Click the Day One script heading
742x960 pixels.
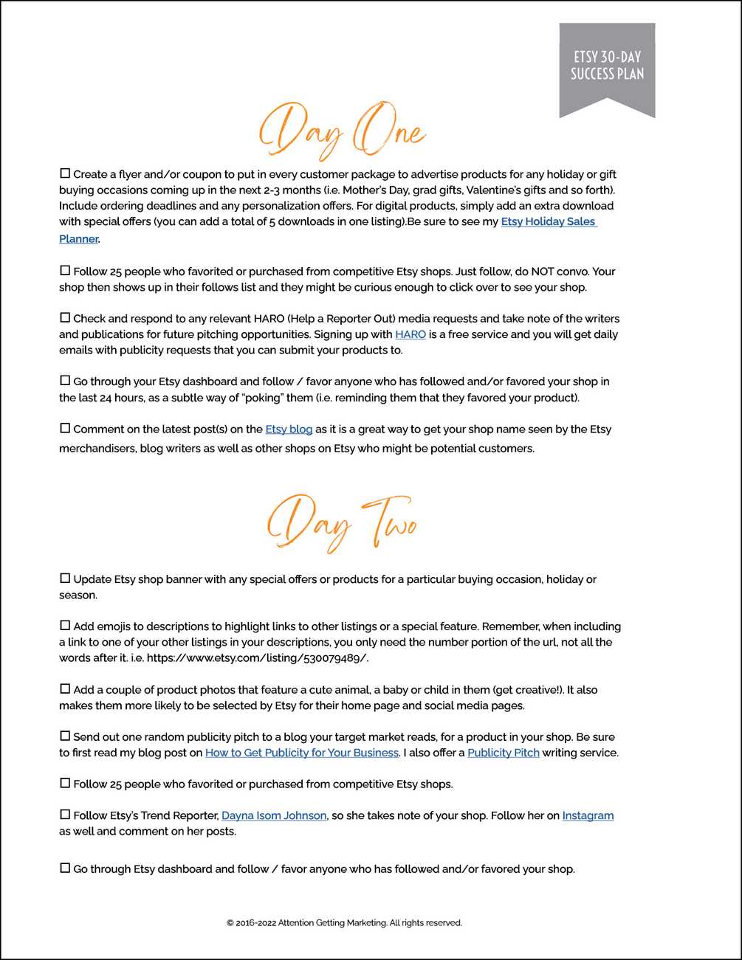pyautogui.click(x=342, y=131)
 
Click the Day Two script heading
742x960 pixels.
pyautogui.click(x=342, y=523)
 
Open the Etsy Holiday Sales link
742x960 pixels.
pyautogui.click(x=548, y=221)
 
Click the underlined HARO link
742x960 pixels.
pyautogui.click(x=410, y=334)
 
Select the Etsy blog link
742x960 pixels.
pyautogui.click(x=289, y=429)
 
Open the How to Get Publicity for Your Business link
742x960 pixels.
pyautogui.click(x=302, y=753)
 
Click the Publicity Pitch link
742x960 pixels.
pyautogui.click(x=504, y=753)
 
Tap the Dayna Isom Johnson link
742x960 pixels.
pyautogui.click(x=274, y=815)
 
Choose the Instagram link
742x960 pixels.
pyautogui.click(x=588, y=815)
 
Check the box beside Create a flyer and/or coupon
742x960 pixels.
pyautogui.click(x=65, y=173)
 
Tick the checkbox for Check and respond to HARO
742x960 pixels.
pyautogui.click(x=65, y=318)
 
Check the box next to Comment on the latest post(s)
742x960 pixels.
pyautogui.click(x=65, y=428)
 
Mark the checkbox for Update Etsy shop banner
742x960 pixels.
pyautogui.click(x=65, y=579)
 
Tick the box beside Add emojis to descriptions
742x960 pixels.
pyautogui.click(x=65, y=626)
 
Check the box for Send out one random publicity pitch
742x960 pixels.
pyautogui.click(x=65, y=736)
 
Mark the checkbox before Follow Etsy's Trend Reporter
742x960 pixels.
pyautogui.click(x=65, y=815)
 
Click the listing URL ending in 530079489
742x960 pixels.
pyautogui.click(x=257, y=658)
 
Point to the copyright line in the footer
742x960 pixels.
pyautogui.click(x=344, y=922)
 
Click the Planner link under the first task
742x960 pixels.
pyautogui.click(x=78, y=239)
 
